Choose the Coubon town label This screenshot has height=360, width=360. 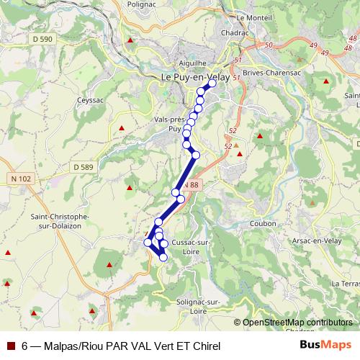click(263, 224)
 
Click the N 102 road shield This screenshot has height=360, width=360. click(23, 178)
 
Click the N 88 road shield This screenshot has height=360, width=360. click(189, 186)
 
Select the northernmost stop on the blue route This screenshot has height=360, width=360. click(212, 84)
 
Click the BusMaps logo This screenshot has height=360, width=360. click(325, 345)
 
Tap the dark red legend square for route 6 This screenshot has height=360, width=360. click(10, 346)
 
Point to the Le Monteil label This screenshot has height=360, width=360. click(251, 17)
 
